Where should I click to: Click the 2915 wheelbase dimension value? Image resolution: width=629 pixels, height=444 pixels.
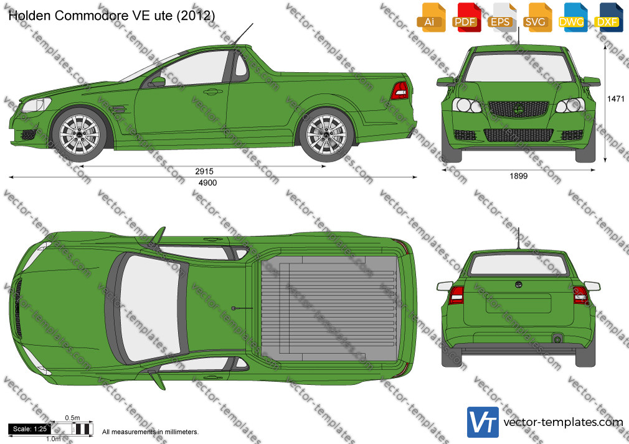pos(204,172)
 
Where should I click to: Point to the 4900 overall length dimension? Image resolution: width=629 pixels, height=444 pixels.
pos(208,183)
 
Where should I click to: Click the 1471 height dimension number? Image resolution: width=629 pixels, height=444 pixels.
pos(616,99)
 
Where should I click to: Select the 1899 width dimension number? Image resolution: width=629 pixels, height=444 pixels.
pos(518,176)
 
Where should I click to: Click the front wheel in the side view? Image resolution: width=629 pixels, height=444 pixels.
pos(80,134)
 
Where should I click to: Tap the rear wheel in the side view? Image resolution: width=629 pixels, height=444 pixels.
pos(326,134)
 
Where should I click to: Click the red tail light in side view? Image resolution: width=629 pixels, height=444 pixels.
pos(400,91)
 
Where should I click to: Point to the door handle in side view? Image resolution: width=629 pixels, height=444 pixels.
pos(212,92)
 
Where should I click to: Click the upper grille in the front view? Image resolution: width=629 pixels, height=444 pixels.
pos(518,109)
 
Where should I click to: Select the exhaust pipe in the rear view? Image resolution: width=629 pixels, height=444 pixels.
pos(557,339)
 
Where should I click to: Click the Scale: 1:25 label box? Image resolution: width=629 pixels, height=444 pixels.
pos(30,429)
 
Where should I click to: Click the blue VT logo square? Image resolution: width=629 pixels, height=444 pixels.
pos(483,422)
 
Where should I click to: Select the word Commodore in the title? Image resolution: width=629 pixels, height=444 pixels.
pos(92,16)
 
